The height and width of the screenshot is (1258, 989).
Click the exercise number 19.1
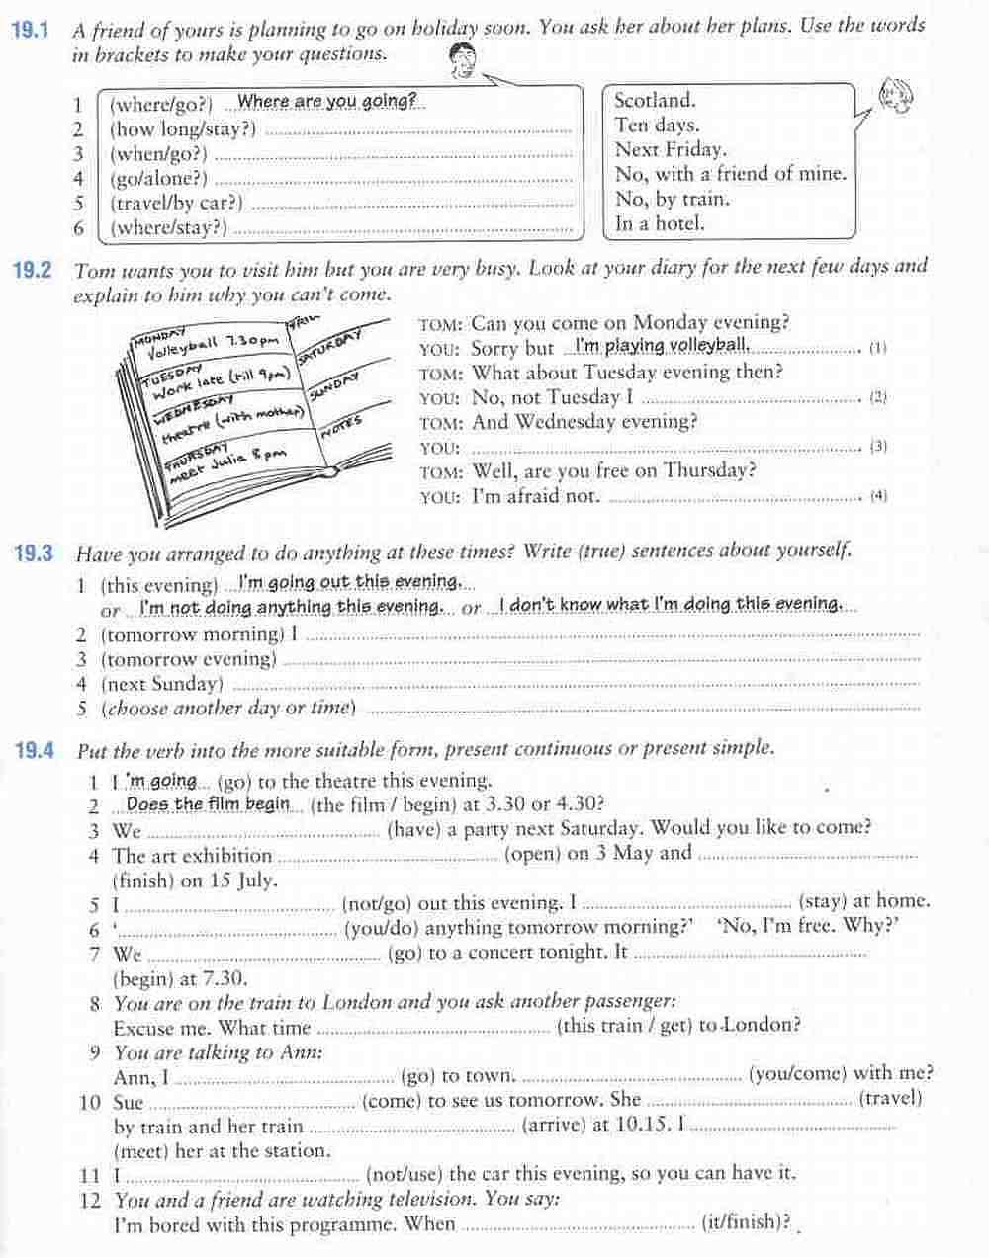pos(29,29)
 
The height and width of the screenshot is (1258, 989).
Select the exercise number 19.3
pos(33,552)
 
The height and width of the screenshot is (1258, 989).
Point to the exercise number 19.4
pos(34,749)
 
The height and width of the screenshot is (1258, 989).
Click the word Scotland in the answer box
pos(655,100)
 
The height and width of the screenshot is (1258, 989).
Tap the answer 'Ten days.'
pos(657,125)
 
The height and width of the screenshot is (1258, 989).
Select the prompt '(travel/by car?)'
pos(175,204)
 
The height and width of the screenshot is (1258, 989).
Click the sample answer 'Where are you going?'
pos(326,101)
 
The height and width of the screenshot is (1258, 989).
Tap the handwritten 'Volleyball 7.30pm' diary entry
pos(212,344)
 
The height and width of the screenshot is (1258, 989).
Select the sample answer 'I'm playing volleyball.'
pos(663,346)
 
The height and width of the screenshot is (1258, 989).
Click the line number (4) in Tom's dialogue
pos(878,496)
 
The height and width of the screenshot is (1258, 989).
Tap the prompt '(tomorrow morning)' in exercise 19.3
pos(192,634)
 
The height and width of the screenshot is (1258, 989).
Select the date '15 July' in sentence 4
pos(243,880)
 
